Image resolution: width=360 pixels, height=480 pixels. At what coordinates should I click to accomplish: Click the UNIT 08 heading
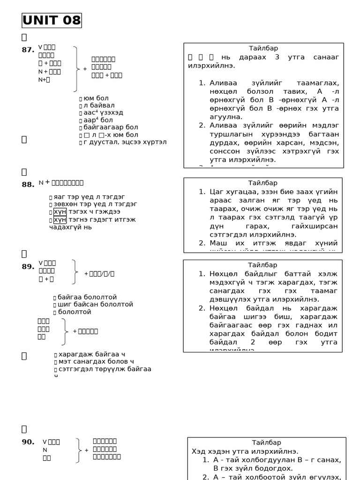[x=52, y=21]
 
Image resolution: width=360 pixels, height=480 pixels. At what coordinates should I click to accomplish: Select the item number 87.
[x=28, y=50]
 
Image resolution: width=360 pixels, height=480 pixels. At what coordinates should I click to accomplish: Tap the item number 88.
[x=28, y=185]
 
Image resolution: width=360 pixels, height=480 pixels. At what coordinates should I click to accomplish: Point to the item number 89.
[x=28, y=267]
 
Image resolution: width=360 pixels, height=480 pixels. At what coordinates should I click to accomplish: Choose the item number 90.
[x=28, y=442]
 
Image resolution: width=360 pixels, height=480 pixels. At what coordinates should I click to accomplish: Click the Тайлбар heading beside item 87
[x=263, y=48]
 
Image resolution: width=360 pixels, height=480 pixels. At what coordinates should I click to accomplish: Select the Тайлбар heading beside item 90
[x=267, y=442]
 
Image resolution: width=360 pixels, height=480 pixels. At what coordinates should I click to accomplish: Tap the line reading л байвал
[x=99, y=105]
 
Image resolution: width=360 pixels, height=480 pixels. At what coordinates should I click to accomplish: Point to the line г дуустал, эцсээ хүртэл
[x=125, y=142]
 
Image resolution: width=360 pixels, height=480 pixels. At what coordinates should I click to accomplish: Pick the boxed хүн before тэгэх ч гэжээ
[x=60, y=211]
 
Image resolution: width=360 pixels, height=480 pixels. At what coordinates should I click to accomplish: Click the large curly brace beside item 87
[x=76, y=68]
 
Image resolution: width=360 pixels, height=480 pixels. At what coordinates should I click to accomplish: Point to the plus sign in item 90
[x=86, y=450]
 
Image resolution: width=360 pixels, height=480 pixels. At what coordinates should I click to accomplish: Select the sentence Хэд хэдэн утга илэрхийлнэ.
[x=245, y=451]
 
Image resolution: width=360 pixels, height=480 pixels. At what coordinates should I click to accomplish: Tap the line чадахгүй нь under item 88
[x=70, y=227]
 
